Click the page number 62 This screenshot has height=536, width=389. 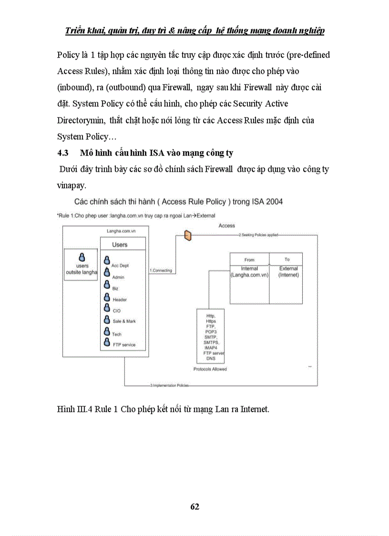(194, 506)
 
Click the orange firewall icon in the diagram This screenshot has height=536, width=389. (188, 235)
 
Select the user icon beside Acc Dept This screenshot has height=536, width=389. (107, 263)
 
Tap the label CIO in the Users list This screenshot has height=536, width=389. (117, 311)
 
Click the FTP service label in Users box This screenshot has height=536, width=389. (123, 345)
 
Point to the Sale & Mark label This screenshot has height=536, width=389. (124, 322)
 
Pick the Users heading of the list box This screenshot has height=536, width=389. (120, 244)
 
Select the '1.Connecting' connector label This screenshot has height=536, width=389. (161, 271)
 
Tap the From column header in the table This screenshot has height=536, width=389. (249, 260)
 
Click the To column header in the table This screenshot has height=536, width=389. (287, 260)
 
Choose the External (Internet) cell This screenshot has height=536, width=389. (288, 272)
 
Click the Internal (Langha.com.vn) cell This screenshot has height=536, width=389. (249, 272)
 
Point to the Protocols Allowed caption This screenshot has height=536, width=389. (210, 369)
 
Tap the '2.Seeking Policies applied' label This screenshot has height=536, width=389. (258, 235)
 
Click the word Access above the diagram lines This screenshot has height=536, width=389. (226, 225)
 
